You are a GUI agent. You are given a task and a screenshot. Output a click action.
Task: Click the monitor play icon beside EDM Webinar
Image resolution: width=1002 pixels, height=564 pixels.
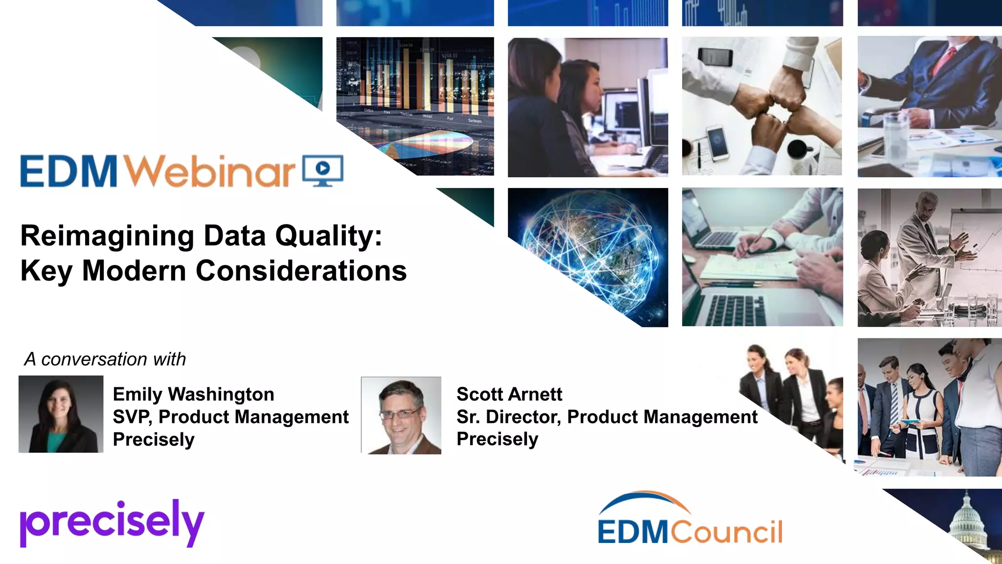pyautogui.click(x=323, y=170)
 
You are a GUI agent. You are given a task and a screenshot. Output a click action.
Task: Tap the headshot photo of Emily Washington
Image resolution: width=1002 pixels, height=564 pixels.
pyautogui.click(x=61, y=414)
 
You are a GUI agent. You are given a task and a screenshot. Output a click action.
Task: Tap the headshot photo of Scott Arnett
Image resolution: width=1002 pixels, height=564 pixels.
pyautogui.click(x=401, y=415)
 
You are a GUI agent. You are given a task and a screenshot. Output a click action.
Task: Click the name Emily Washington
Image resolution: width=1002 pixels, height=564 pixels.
pyautogui.click(x=193, y=394)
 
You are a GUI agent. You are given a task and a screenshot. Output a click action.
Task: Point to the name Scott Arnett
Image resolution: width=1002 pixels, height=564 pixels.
pyautogui.click(x=509, y=394)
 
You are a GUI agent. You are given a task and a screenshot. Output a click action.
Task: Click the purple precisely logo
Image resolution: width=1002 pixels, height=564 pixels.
pyautogui.click(x=112, y=523)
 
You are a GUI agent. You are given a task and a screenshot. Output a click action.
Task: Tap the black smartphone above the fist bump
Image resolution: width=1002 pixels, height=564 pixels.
pyautogui.click(x=715, y=57)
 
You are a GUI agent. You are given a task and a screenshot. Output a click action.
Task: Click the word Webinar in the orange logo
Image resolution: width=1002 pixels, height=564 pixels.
pyautogui.click(x=209, y=171)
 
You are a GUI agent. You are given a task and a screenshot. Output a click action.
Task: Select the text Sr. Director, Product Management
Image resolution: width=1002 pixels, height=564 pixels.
pyautogui.click(x=607, y=417)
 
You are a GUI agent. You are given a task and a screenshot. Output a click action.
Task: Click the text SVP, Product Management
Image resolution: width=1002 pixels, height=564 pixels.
pyautogui.click(x=230, y=417)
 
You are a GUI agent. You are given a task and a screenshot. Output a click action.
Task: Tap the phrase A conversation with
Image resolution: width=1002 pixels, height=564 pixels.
pyautogui.click(x=105, y=359)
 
